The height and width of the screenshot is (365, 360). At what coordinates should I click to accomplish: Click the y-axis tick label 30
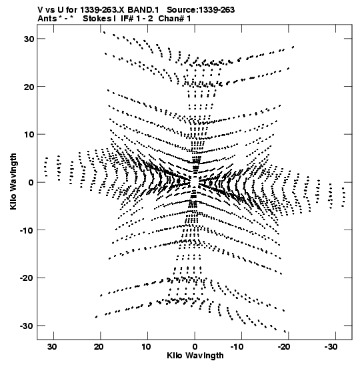click(29, 39)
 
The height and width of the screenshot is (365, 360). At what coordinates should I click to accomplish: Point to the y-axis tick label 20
click(29, 87)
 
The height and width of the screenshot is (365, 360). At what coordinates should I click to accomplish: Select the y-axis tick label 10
click(29, 135)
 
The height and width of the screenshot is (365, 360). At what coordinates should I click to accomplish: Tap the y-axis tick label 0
click(31, 182)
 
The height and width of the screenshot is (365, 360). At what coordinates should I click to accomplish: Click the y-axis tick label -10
click(27, 230)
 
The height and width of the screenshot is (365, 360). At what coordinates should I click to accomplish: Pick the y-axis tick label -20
click(27, 278)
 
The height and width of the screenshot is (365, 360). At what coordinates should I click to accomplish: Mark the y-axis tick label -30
click(27, 326)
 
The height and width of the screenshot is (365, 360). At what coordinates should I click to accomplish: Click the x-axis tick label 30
click(52, 347)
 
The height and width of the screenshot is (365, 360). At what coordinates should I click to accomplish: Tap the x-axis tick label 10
click(146, 347)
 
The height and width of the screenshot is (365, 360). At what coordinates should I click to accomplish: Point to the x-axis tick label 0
click(195, 347)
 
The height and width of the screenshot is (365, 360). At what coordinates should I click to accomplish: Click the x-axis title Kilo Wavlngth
click(195, 356)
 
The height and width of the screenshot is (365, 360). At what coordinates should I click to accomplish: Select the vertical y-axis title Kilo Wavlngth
click(13, 181)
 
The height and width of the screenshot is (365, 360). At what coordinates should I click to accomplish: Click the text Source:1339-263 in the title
click(201, 10)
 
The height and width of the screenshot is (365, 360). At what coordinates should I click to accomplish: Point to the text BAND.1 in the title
click(143, 10)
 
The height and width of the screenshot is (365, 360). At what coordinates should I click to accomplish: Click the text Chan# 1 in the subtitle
click(175, 19)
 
